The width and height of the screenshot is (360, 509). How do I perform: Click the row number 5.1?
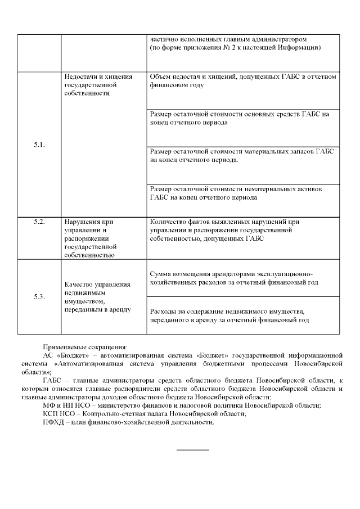point(39,145)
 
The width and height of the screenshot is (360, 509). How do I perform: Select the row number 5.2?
point(39,222)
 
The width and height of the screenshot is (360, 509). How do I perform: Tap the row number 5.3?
point(39,297)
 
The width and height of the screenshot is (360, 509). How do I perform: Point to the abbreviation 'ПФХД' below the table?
point(53,422)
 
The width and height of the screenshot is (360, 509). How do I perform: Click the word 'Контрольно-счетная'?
point(132,413)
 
